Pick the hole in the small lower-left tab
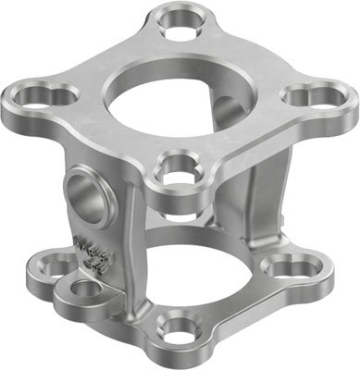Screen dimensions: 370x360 (84, 290)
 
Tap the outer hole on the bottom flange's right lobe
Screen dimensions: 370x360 (305, 269)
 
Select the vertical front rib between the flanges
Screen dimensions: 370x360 (137, 240)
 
